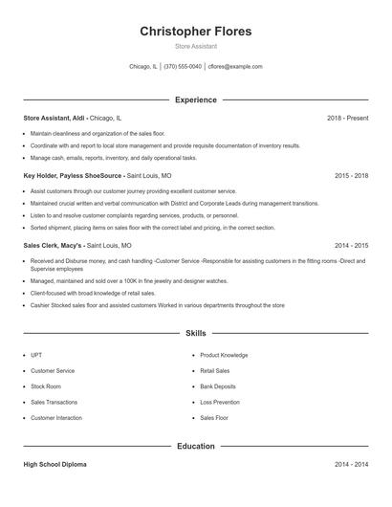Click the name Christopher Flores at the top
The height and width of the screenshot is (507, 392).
click(196, 32)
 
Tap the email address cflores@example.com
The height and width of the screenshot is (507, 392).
click(235, 67)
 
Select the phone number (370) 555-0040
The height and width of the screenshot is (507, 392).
click(183, 67)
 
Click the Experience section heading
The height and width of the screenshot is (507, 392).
click(196, 99)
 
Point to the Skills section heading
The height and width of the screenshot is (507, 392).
click(196, 333)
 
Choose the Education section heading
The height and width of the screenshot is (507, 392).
click(196, 446)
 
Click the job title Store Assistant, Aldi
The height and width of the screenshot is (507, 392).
click(55, 118)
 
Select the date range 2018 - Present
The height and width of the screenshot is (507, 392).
click(347, 118)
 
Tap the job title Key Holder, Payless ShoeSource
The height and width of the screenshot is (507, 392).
click(74, 176)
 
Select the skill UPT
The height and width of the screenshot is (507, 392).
click(36, 355)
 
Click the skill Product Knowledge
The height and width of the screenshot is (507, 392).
click(224, 355)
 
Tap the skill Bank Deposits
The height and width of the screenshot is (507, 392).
click(218, 386)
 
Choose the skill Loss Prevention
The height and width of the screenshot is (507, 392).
click(220, 403)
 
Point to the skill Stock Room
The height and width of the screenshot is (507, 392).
click(46, 386)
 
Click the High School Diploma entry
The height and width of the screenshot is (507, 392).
click(54, 464)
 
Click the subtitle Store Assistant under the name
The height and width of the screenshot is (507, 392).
click(196, 46)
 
